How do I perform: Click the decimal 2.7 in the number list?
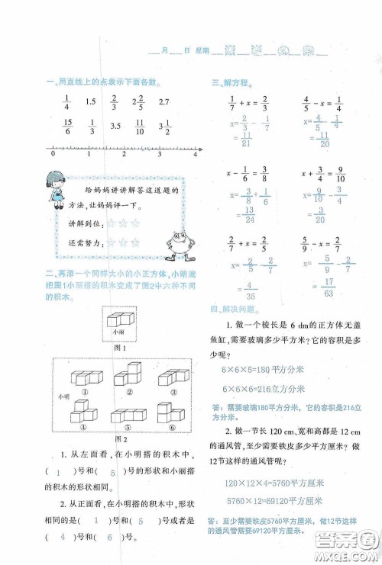click(163, 102)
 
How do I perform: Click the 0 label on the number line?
click(53, 155)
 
